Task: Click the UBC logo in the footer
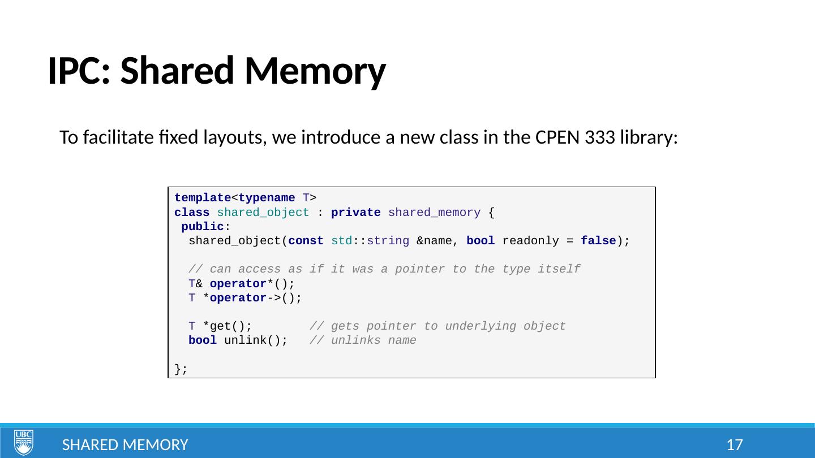[x=23, y=442]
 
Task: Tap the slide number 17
[x=734, y=445]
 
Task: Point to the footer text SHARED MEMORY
[x=125, y=445]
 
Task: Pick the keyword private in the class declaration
[x=355, y=213]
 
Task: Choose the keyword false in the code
[x=598, y=241]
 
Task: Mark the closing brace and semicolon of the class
[x=181, y=369]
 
